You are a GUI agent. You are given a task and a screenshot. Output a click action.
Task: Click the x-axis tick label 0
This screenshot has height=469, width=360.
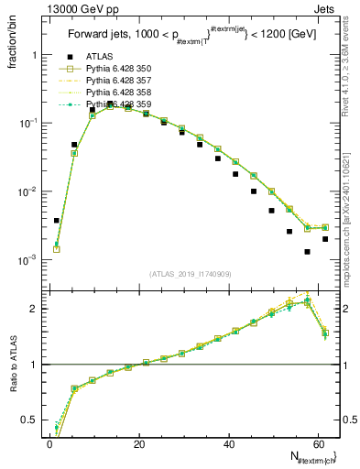pos(49,443)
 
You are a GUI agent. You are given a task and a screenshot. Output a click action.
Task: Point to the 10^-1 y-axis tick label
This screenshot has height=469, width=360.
pos(27,124)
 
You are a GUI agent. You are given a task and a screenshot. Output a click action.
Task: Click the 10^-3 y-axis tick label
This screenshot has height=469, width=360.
pos(27,260)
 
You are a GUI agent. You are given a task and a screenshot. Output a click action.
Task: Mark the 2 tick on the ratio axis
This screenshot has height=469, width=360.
pos(35,309)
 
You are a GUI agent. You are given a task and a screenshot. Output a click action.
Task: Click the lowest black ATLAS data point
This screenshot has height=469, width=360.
pos(308,252)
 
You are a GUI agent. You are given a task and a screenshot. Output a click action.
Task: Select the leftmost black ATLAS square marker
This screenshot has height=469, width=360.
pos(57,221)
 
